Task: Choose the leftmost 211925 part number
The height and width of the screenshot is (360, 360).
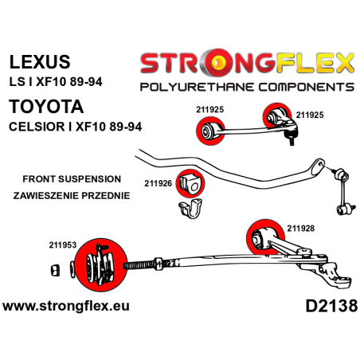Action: (x=210, y=109)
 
